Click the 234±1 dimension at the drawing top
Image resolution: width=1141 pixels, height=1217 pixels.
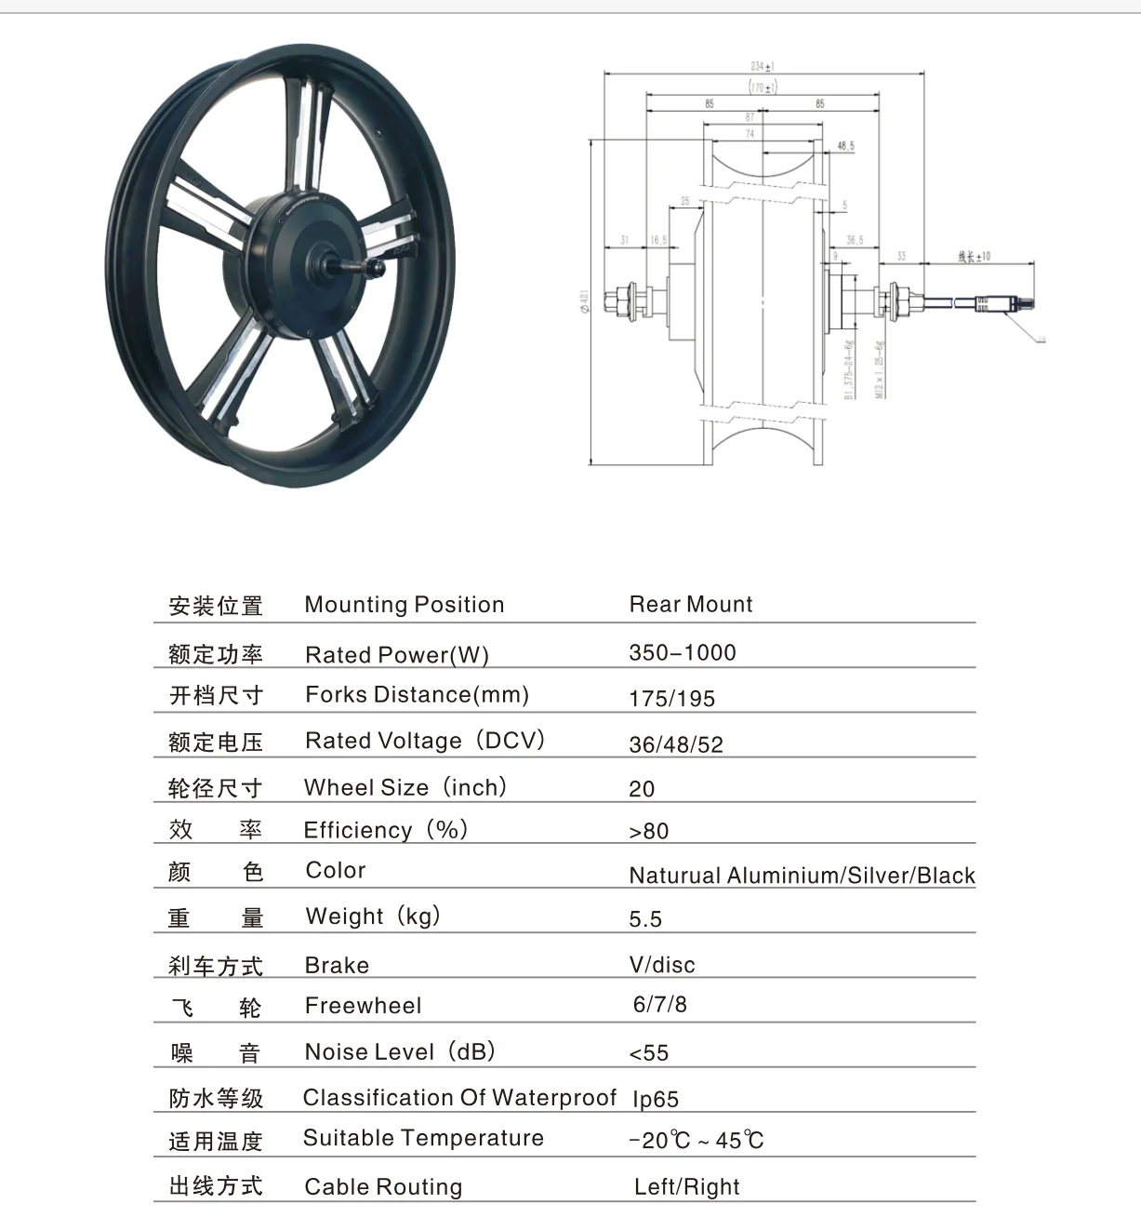pyautogui.click(x=763, y=66)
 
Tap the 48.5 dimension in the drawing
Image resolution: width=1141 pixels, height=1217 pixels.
pyautogui.click(x=845, y=146)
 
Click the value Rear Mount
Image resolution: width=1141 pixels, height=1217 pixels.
pyautogui.click(x=690, y=605)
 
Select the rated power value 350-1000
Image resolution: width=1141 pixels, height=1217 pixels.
pyautogui.click(x=682, y=653)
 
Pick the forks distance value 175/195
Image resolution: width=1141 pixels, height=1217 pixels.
pyautogui.click(x=671, y=699)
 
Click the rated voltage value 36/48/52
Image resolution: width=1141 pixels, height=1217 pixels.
pyautogui.click(x=675, y=744)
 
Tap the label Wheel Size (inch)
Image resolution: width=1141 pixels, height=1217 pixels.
pyautogui.click(x=405, y=788)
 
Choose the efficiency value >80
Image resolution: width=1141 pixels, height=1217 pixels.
pyautogui.click(x=648, y=831)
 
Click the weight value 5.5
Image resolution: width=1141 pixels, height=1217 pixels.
pyautogui.click(x=644, y=919)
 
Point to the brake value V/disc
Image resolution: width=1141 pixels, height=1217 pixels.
pyautogui.click(x=661, y=965)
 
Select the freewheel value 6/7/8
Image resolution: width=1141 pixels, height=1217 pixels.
pyautogui.click(x=659, y=1005)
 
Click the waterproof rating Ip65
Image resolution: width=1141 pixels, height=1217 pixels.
pyautogui.click(x=655, y=1099)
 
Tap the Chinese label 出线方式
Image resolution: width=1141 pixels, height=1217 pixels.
pyautogui.click(x=216, y=1186)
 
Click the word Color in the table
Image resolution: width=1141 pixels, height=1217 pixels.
pyautogui.click(x=335, y=871)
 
